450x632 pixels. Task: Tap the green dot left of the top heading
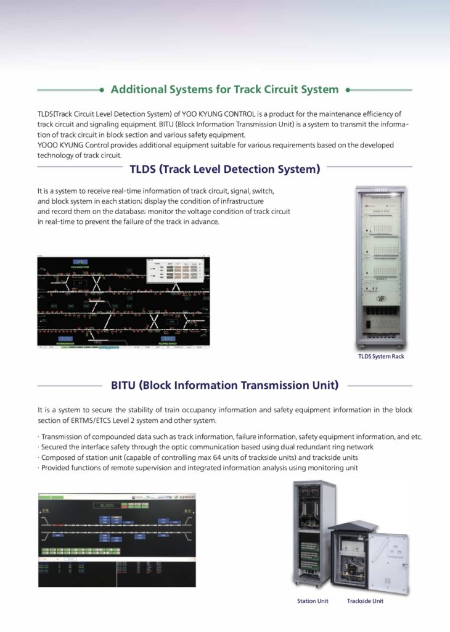click(101, 89)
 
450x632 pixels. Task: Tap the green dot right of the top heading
click(348, 89)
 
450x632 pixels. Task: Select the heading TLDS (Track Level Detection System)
click(224, 168)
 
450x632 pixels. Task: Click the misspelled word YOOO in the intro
click(49, 145)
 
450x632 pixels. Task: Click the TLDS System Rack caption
click(381, 356)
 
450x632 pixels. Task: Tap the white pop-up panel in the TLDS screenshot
click(175, 272)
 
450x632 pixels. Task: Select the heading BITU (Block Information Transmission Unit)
click(224, 386)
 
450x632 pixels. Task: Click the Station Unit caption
click(313, 601)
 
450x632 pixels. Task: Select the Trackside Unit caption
click(365, 601)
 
